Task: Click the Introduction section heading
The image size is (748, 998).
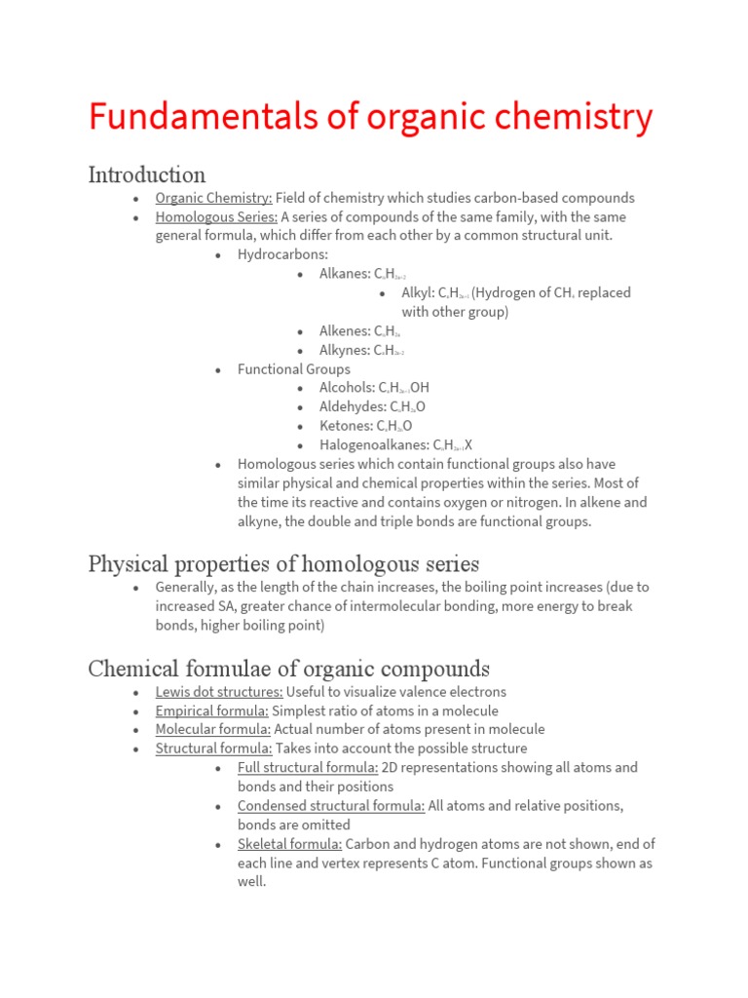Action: [147, 175]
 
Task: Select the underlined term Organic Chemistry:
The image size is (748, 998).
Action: [213, 198]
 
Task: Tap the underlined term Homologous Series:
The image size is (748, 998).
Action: [216, 217]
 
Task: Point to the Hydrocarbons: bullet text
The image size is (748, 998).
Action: [282, 255]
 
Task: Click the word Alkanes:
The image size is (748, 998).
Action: [345, 275]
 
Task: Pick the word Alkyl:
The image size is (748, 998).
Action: [418, 293]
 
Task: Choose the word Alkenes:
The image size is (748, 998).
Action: [345, 331]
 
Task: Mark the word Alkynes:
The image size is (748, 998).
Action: [345, 351]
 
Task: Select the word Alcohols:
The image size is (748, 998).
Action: [347, 388]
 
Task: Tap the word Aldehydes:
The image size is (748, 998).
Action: [353, 407]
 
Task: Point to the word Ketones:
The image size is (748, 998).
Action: [346, 426]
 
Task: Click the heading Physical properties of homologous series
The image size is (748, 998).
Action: [283, 564]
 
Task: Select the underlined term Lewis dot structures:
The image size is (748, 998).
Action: [219, 692]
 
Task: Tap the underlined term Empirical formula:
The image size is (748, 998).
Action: [211, 710]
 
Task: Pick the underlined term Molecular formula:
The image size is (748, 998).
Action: [213, 730]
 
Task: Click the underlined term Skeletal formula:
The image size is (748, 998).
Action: [289, 844]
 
